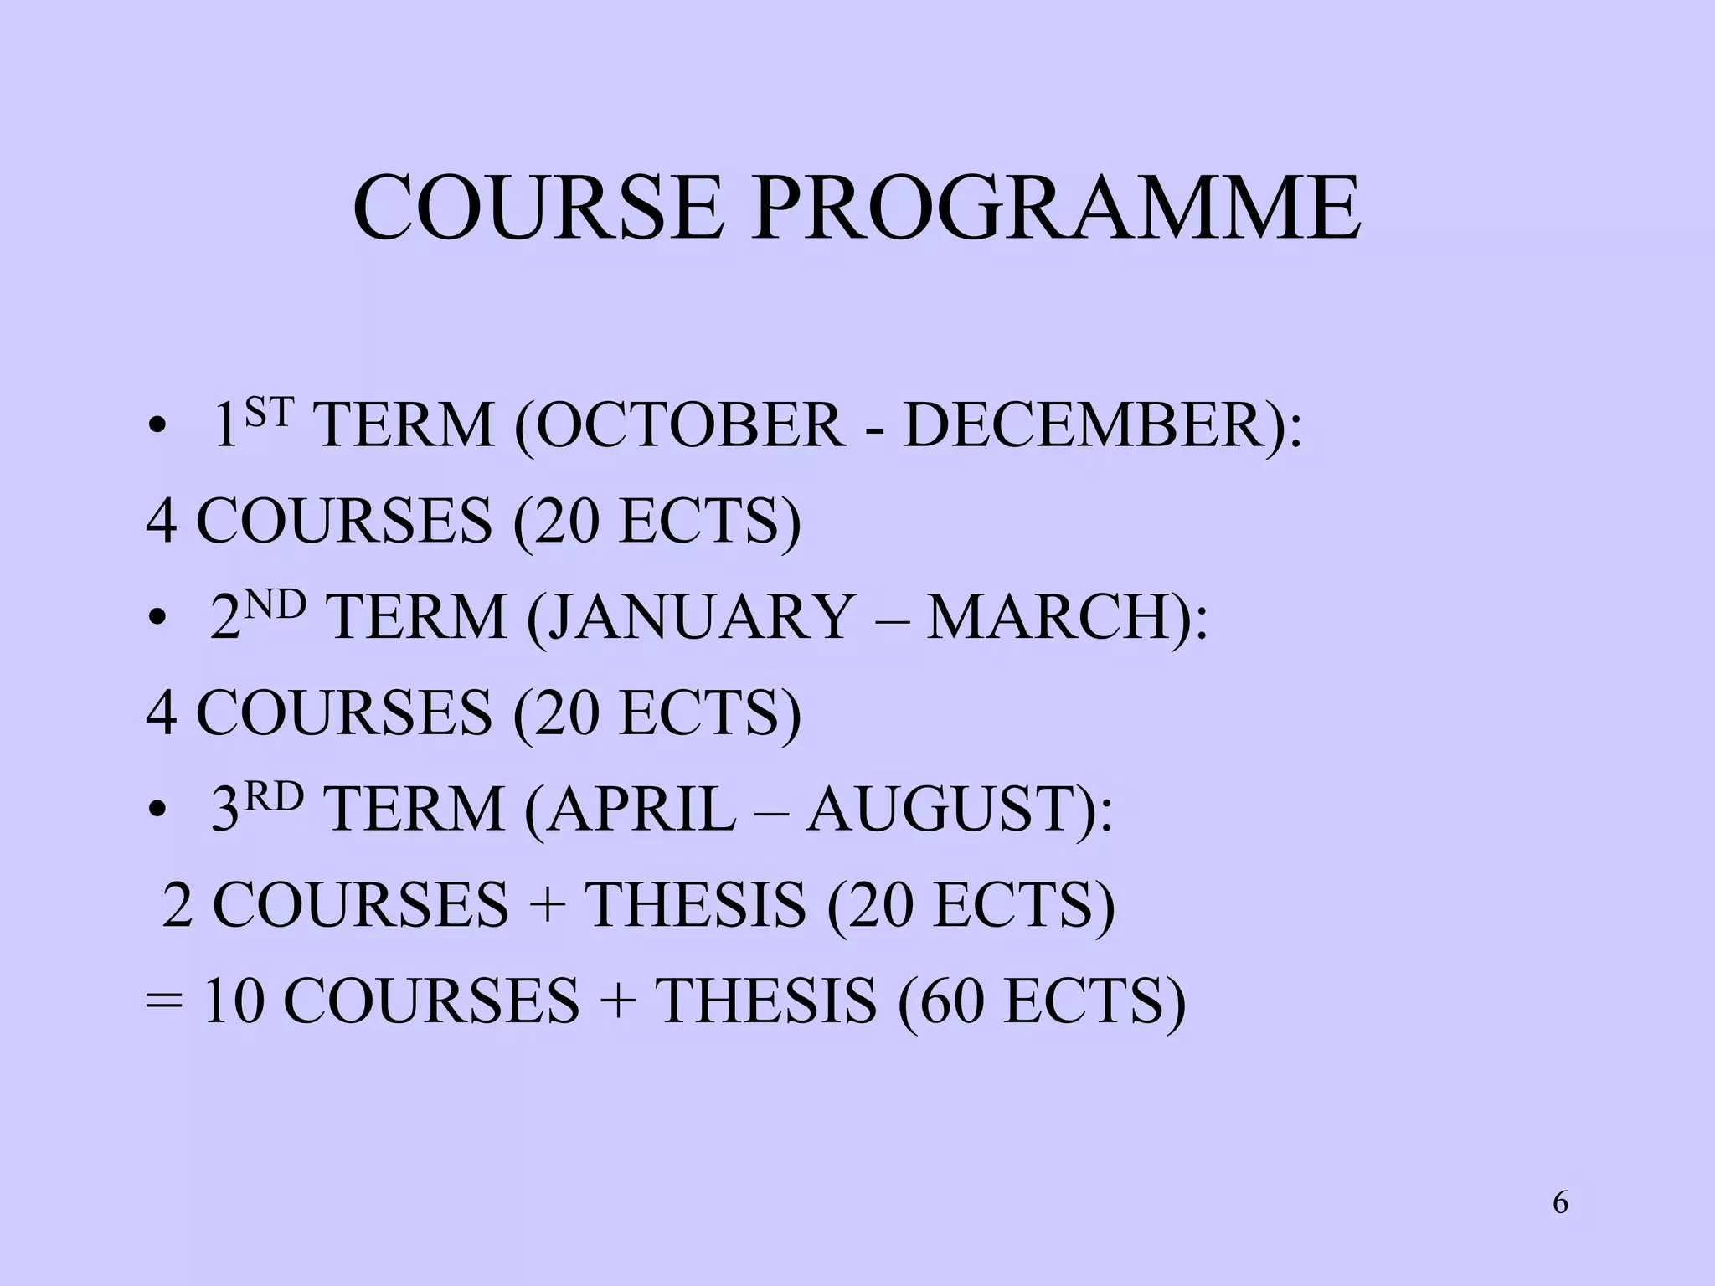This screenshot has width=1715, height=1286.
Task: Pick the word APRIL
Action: click(641, 810)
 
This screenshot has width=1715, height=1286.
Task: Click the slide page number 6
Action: click(1560, 1203)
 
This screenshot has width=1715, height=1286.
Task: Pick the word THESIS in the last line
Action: click(765, 1001)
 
